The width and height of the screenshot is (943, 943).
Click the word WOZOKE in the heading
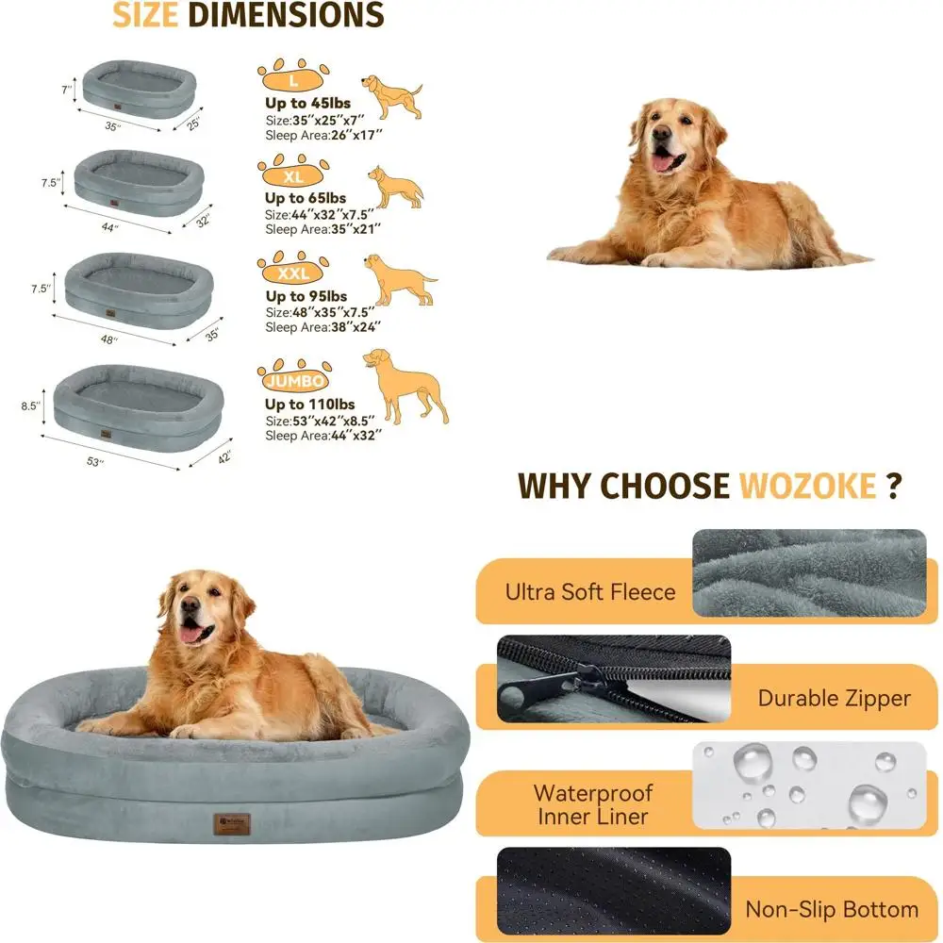pos(807,486)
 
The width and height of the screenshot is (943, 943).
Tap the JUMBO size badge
pos(296,381)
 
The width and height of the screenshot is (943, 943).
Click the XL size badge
pos(293,175)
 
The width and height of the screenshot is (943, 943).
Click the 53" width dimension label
pos(95,461)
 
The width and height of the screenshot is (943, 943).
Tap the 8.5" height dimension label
pos(31,406)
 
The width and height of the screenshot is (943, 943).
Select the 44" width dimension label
pos(110,228)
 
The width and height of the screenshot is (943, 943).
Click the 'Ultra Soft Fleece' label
pos(590,592)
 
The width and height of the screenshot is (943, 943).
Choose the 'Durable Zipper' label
pos(834,698)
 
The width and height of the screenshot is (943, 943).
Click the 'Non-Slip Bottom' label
pos(832,910)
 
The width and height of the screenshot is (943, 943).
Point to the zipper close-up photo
pos(613,679)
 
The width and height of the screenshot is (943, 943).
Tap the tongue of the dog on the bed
pos(192,633)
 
